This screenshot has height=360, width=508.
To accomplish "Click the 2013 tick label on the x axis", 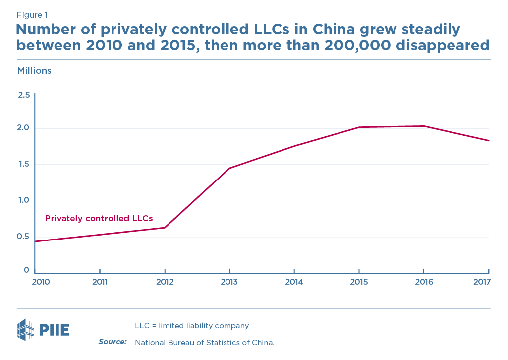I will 229,282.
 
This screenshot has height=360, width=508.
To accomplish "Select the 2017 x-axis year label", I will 481,282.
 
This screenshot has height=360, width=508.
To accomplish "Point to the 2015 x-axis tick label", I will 359,282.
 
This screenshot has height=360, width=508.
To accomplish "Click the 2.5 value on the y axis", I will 24,94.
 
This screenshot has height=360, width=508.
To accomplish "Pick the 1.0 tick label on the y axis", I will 24,200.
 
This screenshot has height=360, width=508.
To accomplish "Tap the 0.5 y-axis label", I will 24,236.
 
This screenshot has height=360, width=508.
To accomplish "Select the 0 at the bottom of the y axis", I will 27,270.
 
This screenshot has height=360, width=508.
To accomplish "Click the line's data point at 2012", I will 165,228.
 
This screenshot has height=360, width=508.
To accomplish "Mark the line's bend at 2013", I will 229,168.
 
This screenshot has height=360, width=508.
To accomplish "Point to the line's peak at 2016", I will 424,126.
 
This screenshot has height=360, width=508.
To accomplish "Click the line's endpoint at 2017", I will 489,141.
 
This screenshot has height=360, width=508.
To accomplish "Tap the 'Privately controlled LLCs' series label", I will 99,218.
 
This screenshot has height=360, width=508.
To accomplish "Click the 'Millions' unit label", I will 34,71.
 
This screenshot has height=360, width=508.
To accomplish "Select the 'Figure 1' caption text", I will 32,15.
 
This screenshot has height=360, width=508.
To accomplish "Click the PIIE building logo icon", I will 25,330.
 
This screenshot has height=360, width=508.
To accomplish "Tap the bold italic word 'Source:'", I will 113,342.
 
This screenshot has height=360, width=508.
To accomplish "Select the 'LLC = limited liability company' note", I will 192,326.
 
